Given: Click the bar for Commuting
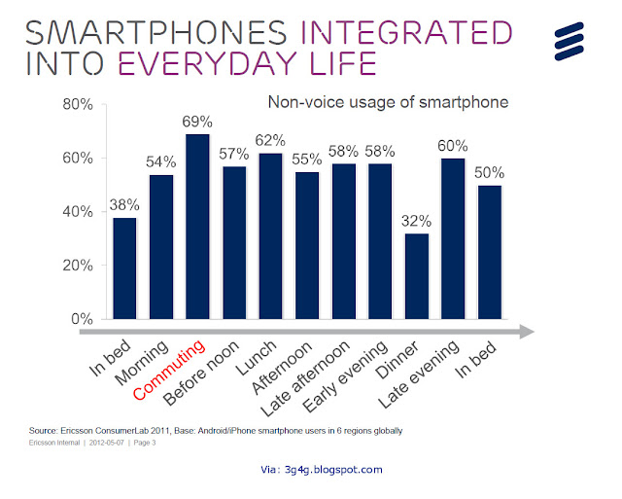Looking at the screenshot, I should tap(197, 227).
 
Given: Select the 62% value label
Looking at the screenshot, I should tap(273, 142).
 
